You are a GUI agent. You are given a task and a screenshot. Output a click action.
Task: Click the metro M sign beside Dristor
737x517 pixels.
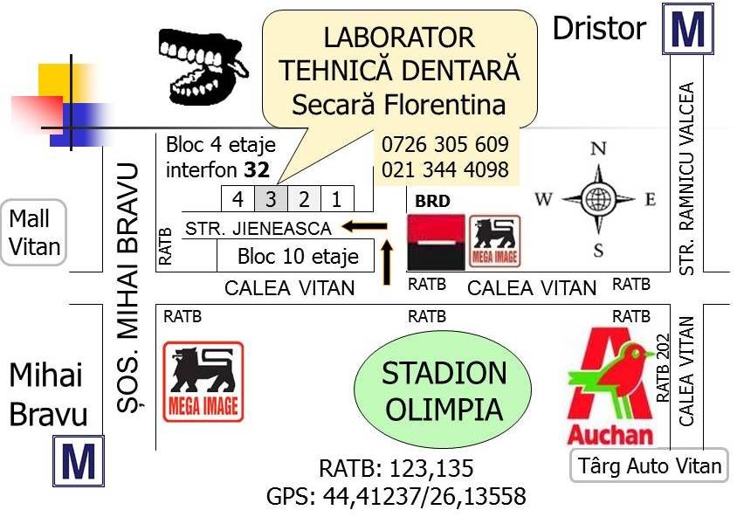(x=687, y=29)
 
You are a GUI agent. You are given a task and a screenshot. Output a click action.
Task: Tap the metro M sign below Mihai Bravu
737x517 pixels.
(x=78, y=461)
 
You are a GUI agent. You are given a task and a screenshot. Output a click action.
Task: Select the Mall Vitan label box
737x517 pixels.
(x=34, y=232)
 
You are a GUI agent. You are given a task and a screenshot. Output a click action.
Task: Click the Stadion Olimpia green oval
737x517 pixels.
(x=443, y=389)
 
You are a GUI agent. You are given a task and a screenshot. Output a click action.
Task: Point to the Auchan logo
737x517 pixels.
(x=611, y=386)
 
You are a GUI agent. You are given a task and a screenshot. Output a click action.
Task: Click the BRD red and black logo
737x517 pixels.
(x=436, y=242)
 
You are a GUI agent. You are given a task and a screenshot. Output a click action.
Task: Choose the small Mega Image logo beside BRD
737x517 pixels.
(x=495, y=241)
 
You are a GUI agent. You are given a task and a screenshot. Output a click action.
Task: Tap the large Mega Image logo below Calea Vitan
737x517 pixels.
(x=203, y=382)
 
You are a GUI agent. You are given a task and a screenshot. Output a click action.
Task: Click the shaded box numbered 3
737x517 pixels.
(x=272, y=199)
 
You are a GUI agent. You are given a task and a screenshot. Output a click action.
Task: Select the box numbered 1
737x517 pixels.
(x=337, y=199)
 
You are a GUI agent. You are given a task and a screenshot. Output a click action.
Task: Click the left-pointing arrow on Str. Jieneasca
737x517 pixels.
(x=364, y=226)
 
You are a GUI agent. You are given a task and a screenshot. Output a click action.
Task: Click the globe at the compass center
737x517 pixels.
(x=598, y=199)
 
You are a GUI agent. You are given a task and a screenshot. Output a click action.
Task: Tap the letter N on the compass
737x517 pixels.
(x=598, y=149)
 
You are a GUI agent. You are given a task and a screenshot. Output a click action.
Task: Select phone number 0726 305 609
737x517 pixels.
(x=444, y=144)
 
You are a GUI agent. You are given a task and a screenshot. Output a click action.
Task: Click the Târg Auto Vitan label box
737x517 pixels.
(x=649, y=465)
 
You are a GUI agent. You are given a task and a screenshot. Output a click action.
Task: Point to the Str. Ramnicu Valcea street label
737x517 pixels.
(x=686, y=179)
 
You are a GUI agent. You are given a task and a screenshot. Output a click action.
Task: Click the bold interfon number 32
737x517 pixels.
(x=257, y=170)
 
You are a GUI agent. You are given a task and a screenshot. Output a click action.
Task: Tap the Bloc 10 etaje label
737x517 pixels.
(x=298, y=256)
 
